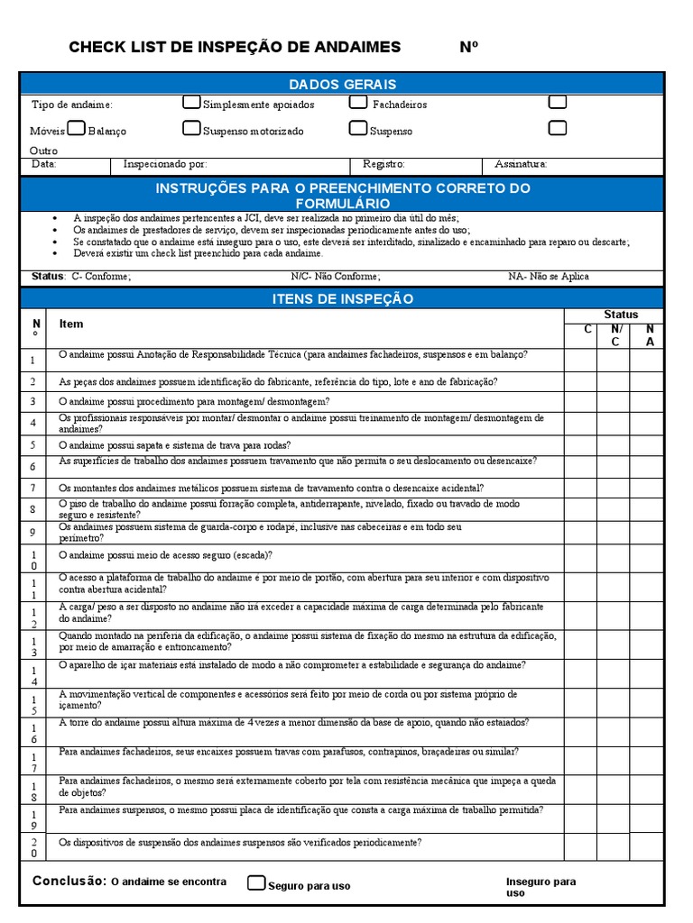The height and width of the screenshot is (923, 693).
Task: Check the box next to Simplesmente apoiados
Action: click(191, 103)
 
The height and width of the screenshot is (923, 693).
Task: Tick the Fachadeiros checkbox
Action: click(358, 103)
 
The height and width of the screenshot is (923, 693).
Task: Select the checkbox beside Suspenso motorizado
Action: click(191, 129)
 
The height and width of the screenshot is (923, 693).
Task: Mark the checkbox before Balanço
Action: click(77, 129)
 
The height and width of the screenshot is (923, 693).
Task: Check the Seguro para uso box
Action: click(256, 883)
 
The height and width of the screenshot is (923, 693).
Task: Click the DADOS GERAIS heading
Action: click(342, 84)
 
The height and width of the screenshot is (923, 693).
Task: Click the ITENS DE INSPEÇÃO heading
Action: click(342, 298)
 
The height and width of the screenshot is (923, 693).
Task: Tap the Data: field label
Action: click(44, 165)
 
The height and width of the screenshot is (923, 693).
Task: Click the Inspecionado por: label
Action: click(165, 165)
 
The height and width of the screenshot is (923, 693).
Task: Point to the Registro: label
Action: click(383, 165)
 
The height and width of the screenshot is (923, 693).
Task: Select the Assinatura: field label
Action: click(521, 165)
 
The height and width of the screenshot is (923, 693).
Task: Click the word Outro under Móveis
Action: click(44, 151)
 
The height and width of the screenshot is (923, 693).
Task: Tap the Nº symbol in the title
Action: click(468, 48)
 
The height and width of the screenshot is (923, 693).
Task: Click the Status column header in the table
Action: click(620, 315)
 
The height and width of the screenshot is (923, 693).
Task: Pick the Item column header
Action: click(71, 324)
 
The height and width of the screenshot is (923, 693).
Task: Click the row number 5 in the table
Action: click(32, 445)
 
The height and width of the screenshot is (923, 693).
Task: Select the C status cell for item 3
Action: click(580, 402)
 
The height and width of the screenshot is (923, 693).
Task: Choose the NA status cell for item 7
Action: click(646, 488)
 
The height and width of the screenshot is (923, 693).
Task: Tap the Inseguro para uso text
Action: click(540, 887)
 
